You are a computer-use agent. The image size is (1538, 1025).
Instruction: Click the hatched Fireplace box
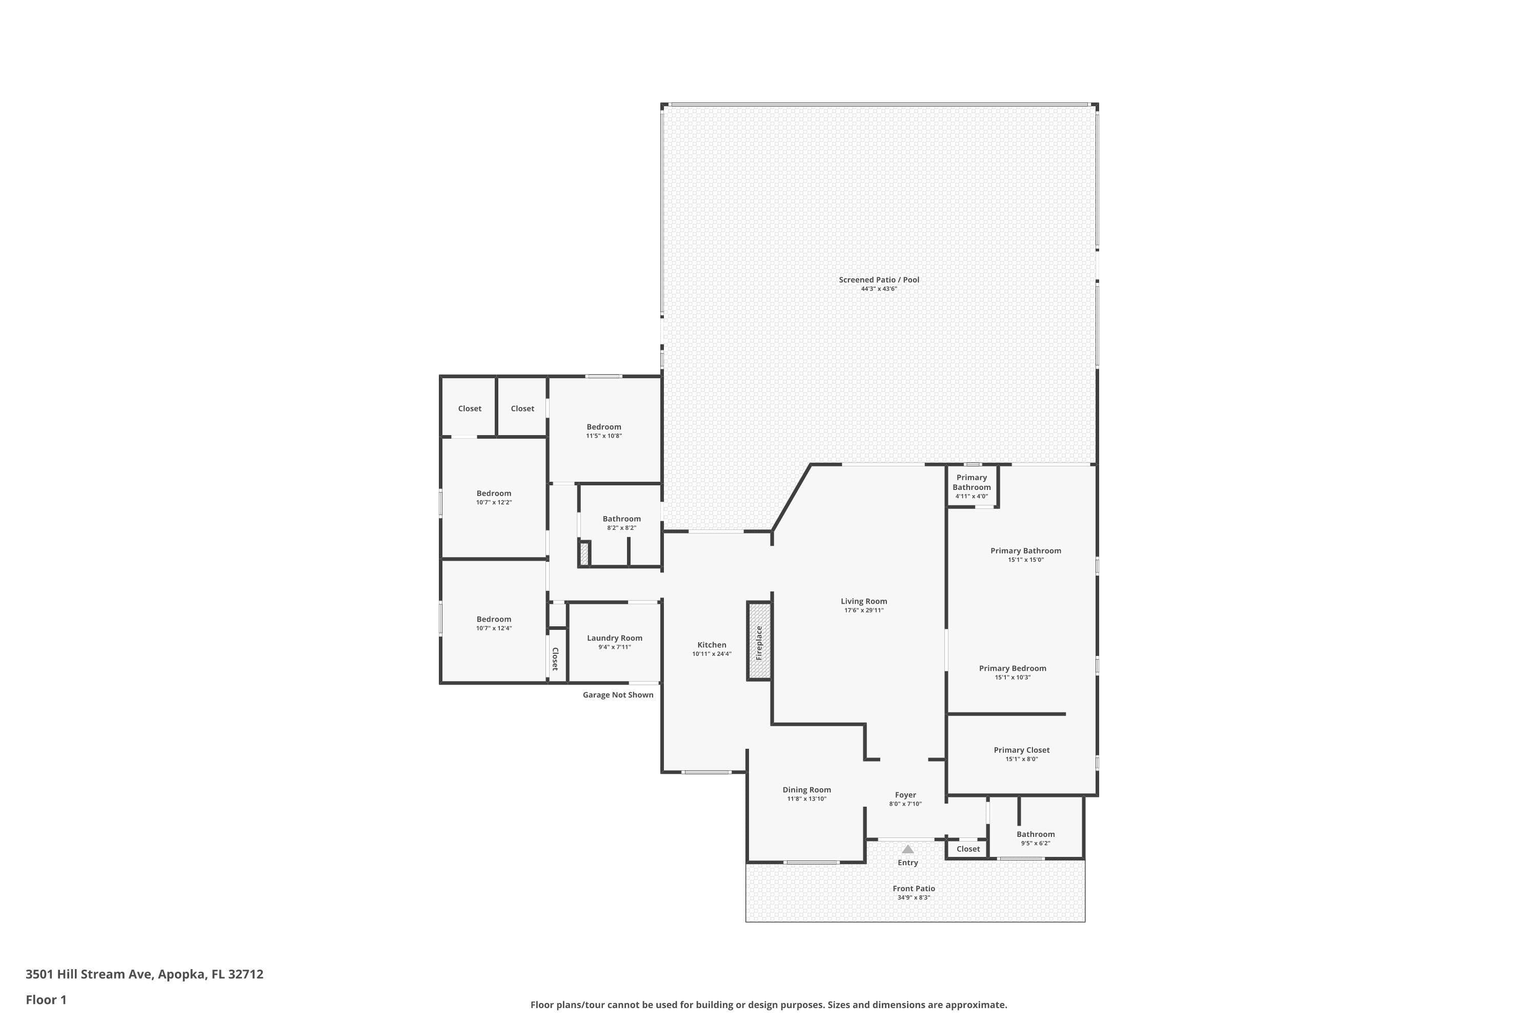point(759,641)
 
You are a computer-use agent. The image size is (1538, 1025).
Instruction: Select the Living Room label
point(864,601)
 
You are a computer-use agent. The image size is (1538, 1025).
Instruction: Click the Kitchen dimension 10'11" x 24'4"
point(712,654)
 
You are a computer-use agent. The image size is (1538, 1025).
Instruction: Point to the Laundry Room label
point(615,638)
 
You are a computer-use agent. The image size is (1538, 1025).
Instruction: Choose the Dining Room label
point(807,790)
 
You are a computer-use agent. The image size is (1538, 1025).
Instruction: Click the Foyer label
point(906,795)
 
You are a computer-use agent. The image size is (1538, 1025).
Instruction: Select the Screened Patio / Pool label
point(879,280)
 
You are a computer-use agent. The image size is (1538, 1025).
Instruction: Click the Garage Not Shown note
point(618,695)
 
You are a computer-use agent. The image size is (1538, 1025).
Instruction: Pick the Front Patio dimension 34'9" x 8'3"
point(914,897)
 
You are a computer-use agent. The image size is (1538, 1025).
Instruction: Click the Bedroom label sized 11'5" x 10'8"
point(603,427)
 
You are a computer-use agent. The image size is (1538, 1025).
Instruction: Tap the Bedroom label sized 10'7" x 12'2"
point(494,494)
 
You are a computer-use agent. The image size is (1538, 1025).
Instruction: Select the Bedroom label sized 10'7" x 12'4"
point(494,619)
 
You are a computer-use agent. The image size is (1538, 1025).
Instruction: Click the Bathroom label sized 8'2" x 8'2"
point(621,519)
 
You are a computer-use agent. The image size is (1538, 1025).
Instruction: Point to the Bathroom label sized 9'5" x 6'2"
point(1036,834)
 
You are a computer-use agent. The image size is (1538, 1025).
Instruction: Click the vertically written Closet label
point(555,659)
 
